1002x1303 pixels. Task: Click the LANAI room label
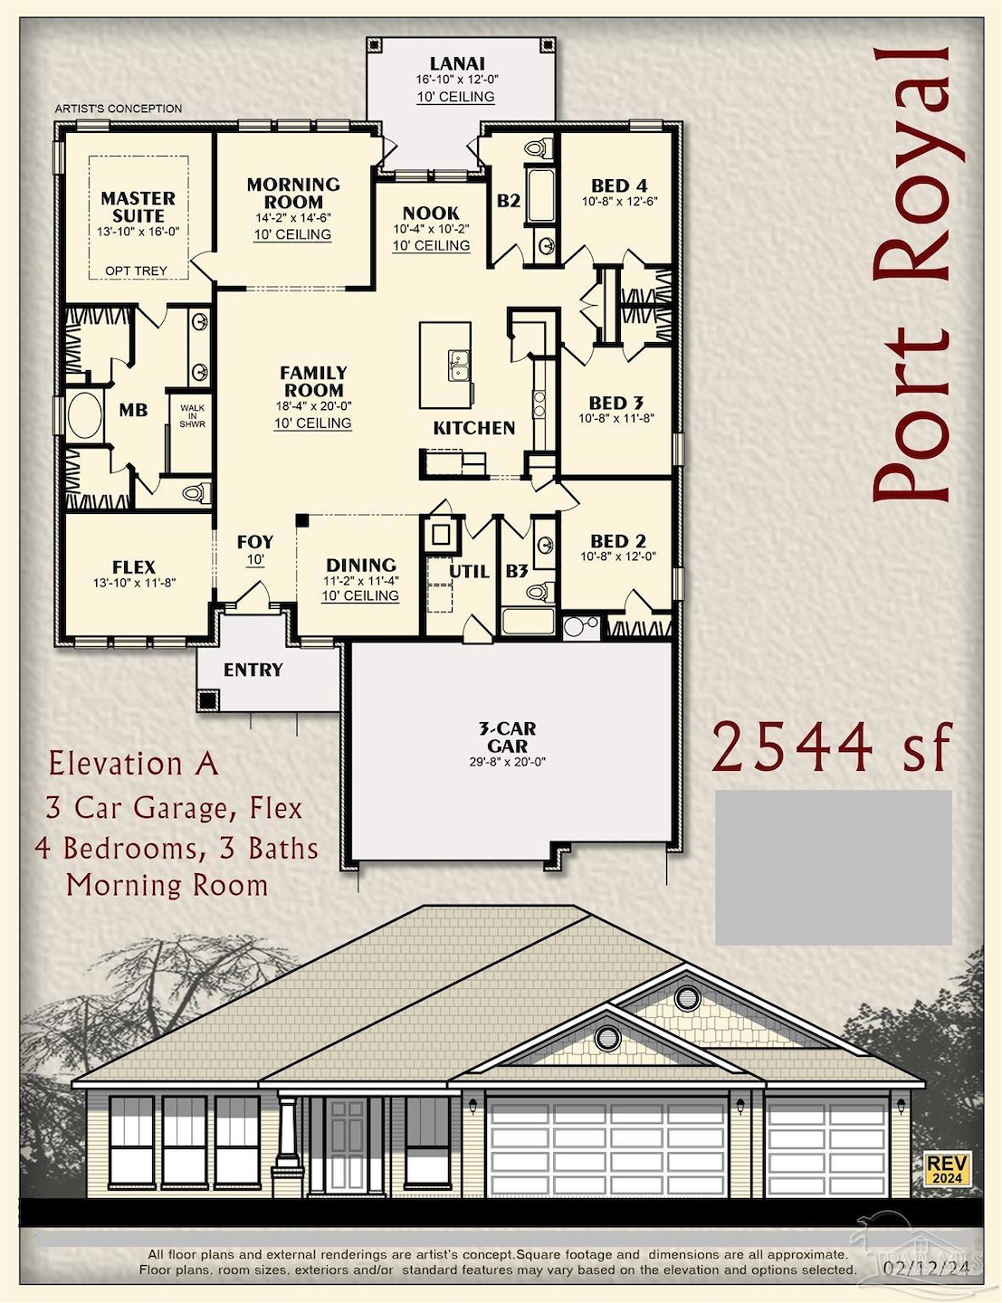tap(456, 63)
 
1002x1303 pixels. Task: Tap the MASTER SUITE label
tap(138, 206)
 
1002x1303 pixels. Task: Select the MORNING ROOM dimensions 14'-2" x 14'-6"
tap(292, 218)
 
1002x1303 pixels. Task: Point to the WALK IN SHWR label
tap(192, 415)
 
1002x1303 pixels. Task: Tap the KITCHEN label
tap(473, 428)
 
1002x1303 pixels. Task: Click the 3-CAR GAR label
tap(507, 737)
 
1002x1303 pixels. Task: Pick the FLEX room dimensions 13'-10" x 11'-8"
tap(133, 583)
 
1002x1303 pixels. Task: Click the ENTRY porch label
tap(253, 670)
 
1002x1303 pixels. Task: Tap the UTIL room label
tap(469, 571)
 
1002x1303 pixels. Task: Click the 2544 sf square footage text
tap(831, 747)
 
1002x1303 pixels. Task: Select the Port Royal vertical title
tap(910, 271)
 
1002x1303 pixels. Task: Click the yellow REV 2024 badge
tap(947, 1169)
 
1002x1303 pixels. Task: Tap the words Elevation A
tap(133, 764)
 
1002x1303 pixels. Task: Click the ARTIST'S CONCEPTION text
tap(118, 109)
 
